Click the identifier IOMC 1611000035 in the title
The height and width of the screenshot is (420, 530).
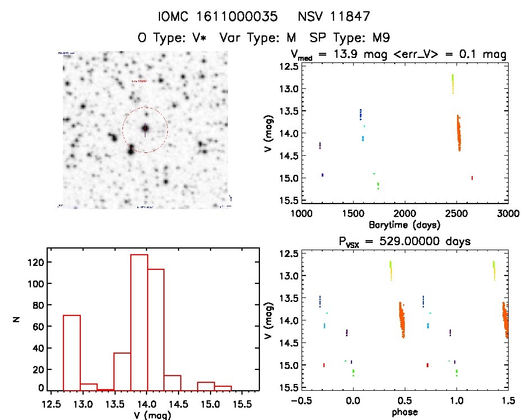click(x=207, y=17)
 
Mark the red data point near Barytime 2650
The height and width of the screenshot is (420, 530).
click(x=472, y=178)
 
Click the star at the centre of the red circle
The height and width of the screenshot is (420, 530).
click(x=145, y=128)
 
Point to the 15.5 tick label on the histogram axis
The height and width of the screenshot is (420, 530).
click(x=242, y=403)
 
